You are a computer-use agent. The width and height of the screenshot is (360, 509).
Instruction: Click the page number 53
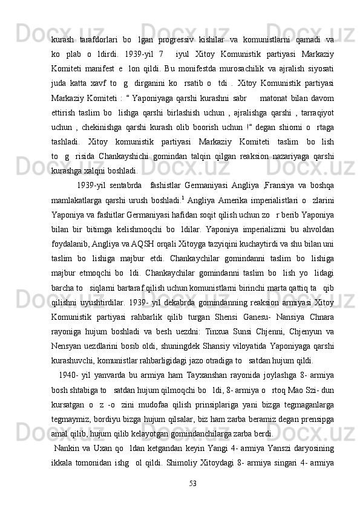coord(192,483)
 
